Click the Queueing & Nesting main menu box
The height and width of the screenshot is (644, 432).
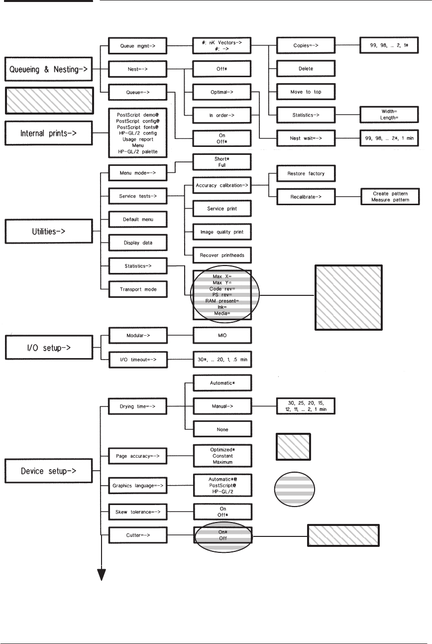(x=48, y=70)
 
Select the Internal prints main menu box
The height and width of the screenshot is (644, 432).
(x=48, y=132)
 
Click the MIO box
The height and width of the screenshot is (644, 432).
(x=223, y=336)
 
